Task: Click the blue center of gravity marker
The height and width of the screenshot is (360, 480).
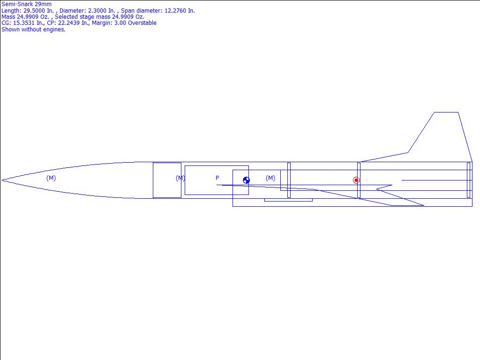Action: coord(246,180)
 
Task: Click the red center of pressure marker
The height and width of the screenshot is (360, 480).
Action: coord(356,180)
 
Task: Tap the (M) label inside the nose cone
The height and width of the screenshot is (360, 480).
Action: coord(51,178)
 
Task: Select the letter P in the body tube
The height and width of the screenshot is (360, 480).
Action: coord(217,178)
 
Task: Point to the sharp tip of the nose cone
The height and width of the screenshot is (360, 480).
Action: coord(1,180)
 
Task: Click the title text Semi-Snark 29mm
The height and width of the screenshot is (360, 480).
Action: coord(27,4)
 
